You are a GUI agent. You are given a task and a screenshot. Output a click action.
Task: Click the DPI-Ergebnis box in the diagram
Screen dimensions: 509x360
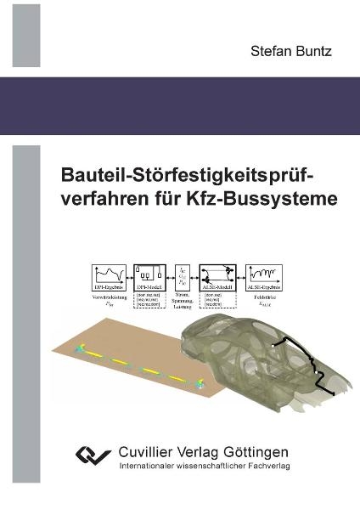point(111,277)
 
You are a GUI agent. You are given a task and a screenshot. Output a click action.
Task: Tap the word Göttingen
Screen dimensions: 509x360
point(258,452)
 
